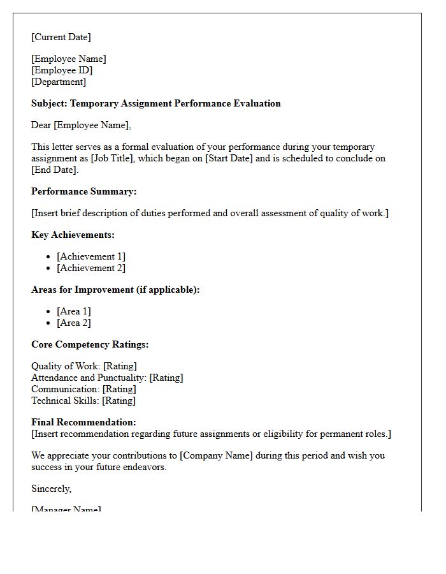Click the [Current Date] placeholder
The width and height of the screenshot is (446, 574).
[x=61, y=37]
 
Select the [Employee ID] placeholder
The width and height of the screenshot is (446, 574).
[x=62, y=70]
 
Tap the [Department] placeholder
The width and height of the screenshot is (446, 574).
[x=59, y=82]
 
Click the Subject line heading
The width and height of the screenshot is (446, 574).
[x=156, y=103]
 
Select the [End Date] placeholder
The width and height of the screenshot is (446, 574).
[x=54, y=170]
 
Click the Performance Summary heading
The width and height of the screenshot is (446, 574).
[x=84, y=191]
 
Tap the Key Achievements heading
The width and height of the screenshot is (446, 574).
[x=73, y=235]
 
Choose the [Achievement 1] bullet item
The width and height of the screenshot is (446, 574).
[x=91, y=256]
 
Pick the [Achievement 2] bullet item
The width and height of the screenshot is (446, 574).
[x=91, y=268]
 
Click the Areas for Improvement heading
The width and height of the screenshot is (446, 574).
[x=115, y=290]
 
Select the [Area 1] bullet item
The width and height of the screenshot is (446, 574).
[x=74, y=311]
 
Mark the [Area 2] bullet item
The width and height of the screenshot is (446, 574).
[x=74, y=323]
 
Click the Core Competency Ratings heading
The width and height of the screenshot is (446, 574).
[x=90, y=344]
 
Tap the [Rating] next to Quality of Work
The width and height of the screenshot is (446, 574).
[x=120, y=366]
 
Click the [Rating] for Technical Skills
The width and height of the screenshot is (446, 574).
[x=119, y=401]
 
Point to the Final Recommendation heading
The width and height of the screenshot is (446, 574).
[x=83, y=422]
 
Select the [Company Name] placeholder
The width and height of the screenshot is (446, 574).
[x=216, y=455]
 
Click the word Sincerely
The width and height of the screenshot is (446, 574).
[x=52, y=489]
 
